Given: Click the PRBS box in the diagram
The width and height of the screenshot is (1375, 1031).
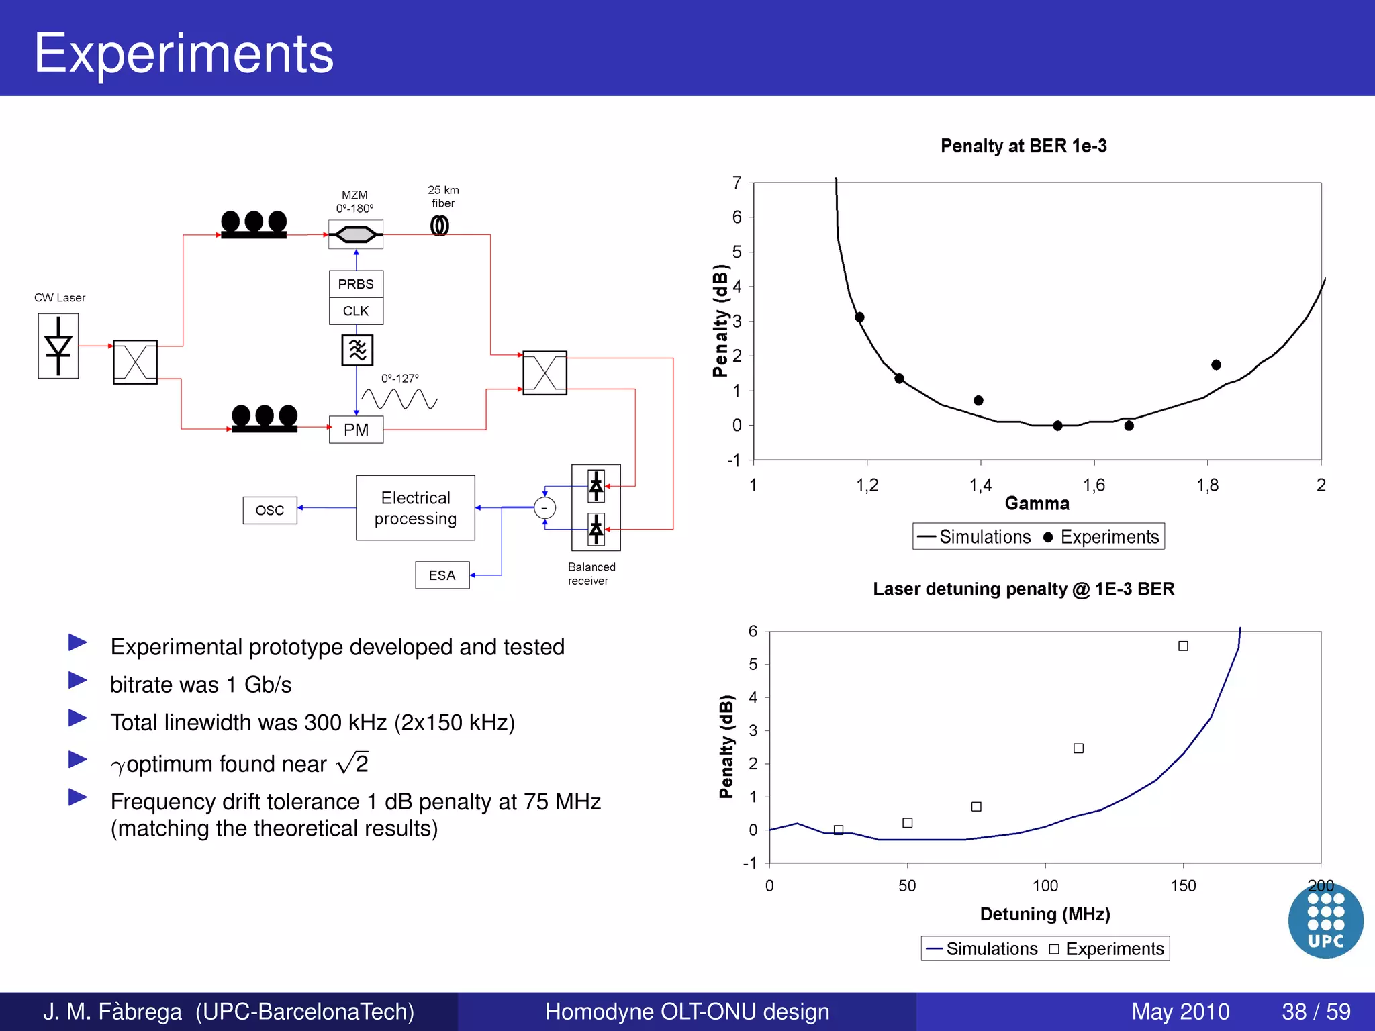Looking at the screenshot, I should [x=356, y=284].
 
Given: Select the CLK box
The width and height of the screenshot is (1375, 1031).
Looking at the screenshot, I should [x=356, y=311].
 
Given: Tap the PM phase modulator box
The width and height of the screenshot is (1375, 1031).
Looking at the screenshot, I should [x=356, y=430].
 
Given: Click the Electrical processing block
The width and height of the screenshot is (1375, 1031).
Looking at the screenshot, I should [x=416, y=508].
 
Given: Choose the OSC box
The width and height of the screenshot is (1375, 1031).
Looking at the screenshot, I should [x=270, y=510].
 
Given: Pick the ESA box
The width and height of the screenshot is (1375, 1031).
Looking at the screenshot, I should [x=442, y=575].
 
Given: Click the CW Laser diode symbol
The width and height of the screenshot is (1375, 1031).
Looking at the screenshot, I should [x=58, y=346].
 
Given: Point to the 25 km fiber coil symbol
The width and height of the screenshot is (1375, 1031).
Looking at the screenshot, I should [x=440, y=226].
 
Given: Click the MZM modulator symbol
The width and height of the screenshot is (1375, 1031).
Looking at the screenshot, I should [x=356, y=234].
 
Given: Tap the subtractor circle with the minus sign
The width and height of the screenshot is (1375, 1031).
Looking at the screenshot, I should [x=544, y=508].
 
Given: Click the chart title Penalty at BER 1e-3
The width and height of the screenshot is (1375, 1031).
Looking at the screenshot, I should [x=1023, y=146].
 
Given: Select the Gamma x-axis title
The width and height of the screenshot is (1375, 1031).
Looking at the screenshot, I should [x=1037, y=503].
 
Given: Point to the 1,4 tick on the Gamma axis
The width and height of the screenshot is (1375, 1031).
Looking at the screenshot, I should [x=980, y=485].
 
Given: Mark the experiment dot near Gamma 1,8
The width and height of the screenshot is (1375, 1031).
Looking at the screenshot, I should [x=1216, y=365].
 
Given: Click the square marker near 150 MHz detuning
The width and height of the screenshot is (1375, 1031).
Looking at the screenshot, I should [x=1183, y=646].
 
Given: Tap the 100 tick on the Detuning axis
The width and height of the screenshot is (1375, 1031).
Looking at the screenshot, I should [x=1045, y=886].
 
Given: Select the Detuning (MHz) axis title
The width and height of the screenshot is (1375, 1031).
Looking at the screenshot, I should [x=1045, y=914].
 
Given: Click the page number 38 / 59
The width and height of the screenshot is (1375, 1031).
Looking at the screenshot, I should [x=1316, y=1012].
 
